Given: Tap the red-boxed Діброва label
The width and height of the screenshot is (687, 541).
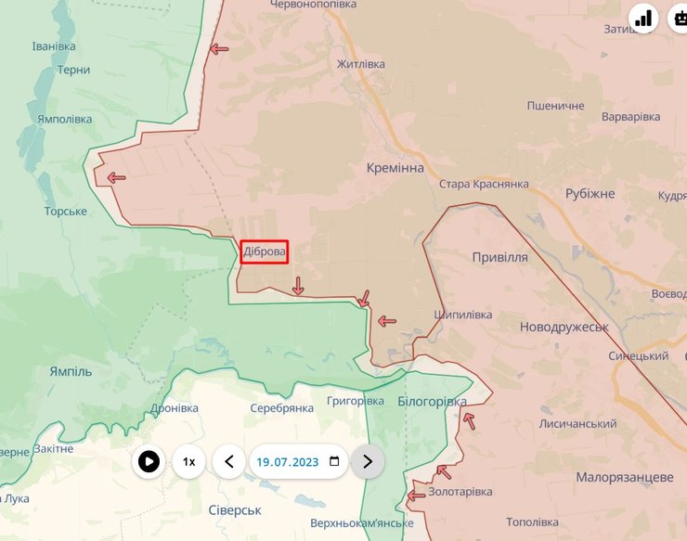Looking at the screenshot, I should point(265,251).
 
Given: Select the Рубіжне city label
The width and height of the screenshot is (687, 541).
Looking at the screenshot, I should point(590,194).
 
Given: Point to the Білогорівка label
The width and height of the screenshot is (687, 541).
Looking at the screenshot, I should point(432,401).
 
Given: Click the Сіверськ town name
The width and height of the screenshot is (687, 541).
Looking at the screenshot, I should point(235,510).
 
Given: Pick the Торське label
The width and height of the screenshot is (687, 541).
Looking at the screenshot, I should point(65,212).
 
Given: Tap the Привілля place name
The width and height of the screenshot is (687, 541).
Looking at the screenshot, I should point(499,257).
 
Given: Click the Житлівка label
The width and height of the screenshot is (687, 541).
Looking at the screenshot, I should point(361,65).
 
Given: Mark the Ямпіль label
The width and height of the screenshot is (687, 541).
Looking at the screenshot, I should point(71,371).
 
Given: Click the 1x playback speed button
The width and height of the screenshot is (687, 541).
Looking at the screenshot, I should point(188,461).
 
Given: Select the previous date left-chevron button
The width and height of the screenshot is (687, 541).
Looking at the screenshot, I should point(229,461).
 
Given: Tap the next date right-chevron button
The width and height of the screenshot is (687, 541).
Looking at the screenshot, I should point(368,461).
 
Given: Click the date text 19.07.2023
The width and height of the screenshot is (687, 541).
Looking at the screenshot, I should point(288,461).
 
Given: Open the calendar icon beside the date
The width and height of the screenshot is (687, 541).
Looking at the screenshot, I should point(334,461).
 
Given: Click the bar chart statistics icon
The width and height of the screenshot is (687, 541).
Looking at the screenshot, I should point(644,18).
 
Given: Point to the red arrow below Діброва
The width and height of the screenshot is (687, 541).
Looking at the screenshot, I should point(298,286).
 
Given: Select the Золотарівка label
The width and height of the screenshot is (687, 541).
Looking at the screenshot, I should point(460,491).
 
